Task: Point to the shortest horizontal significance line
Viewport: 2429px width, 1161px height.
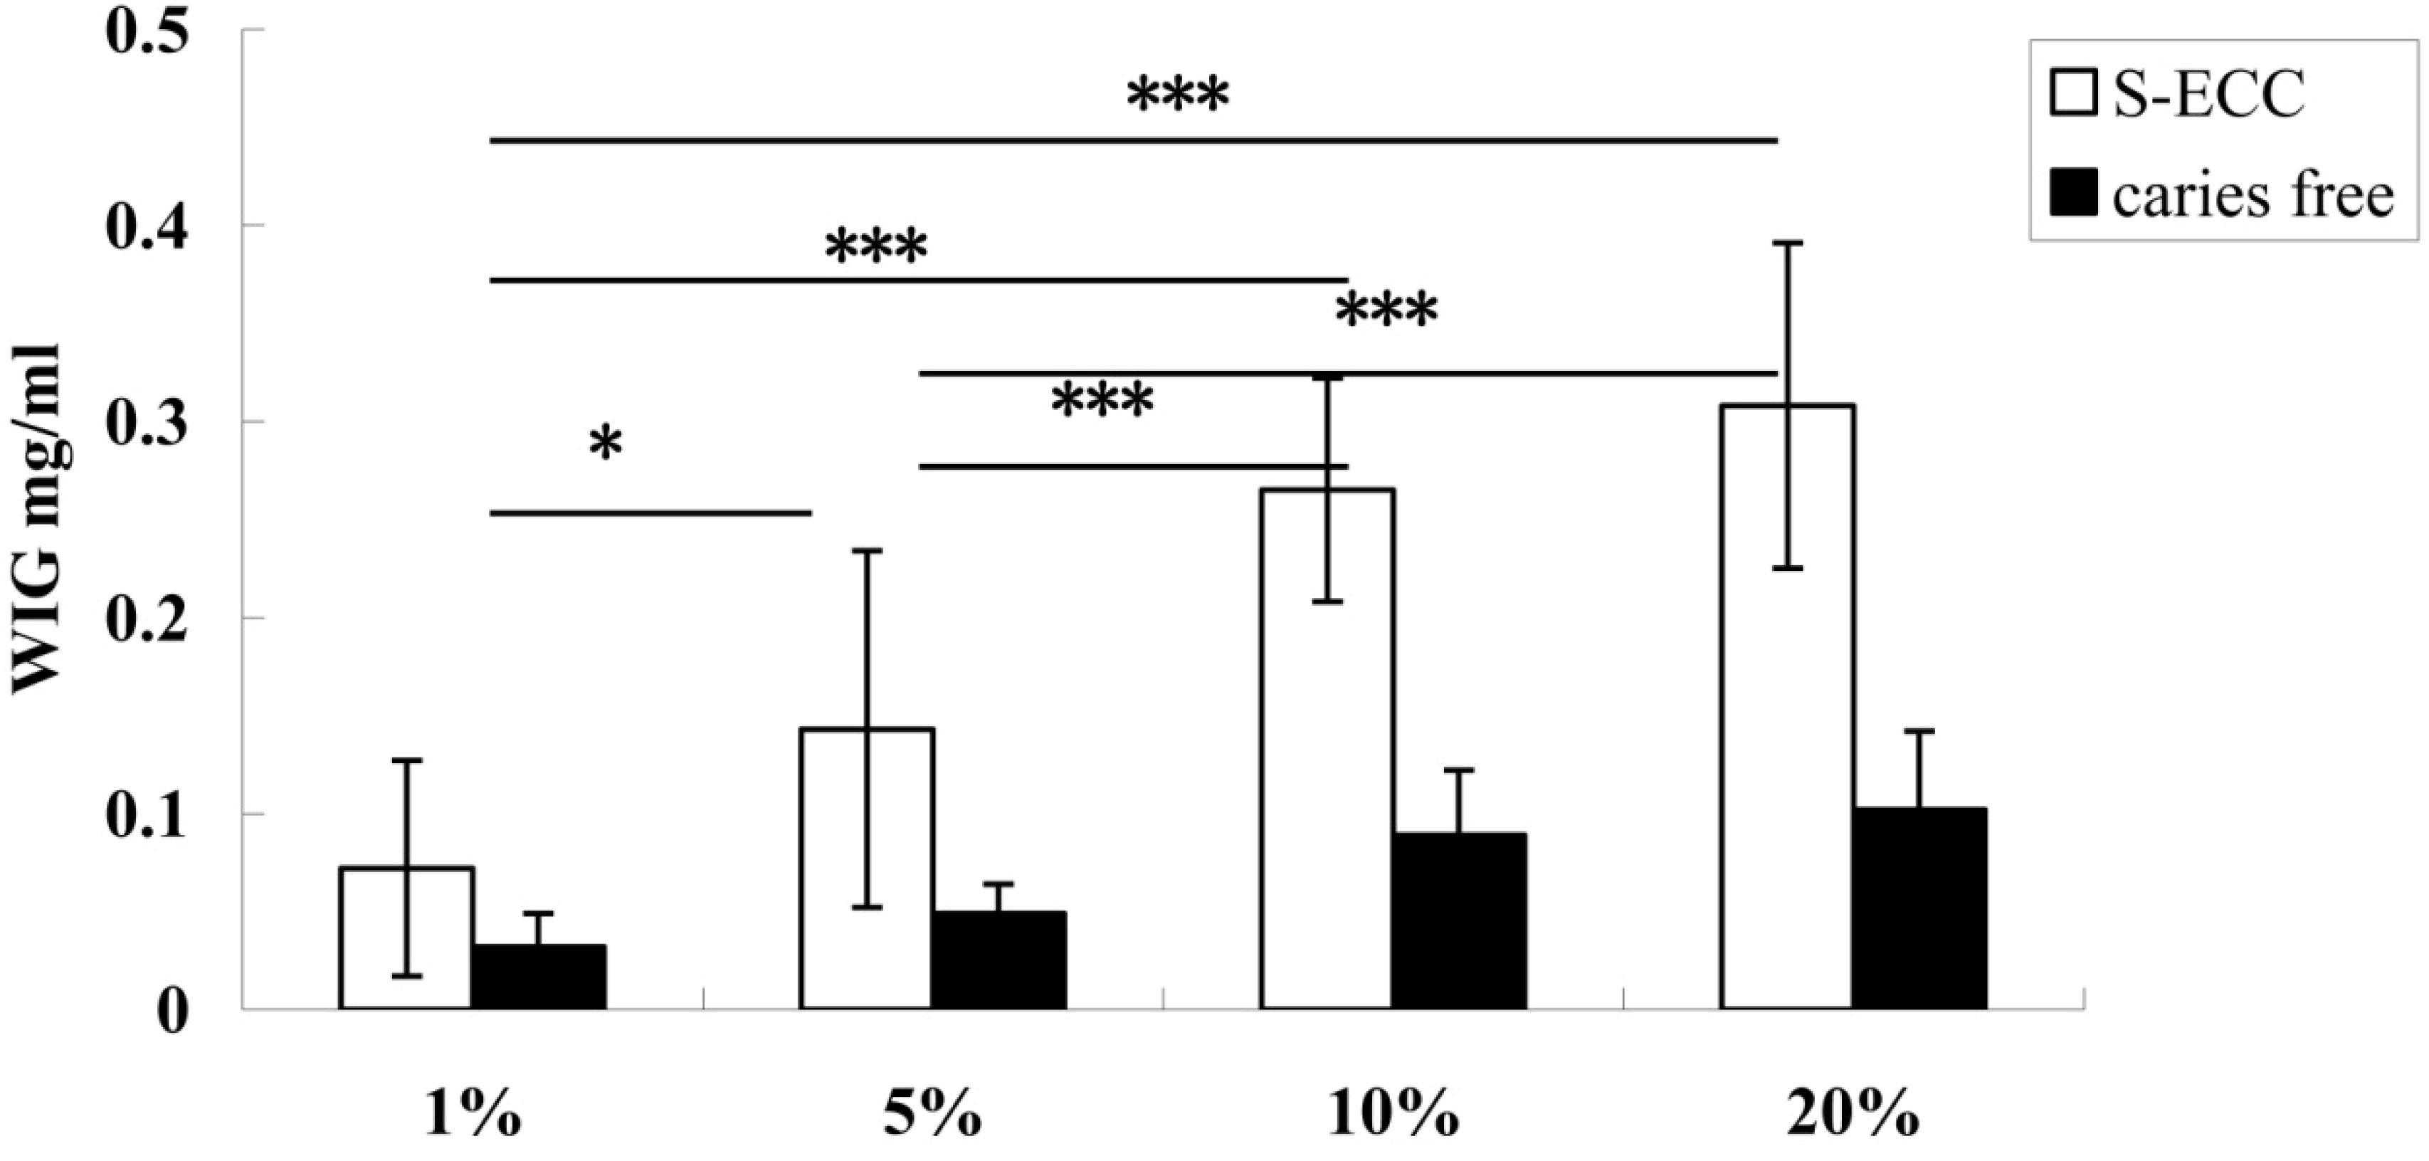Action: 650,513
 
